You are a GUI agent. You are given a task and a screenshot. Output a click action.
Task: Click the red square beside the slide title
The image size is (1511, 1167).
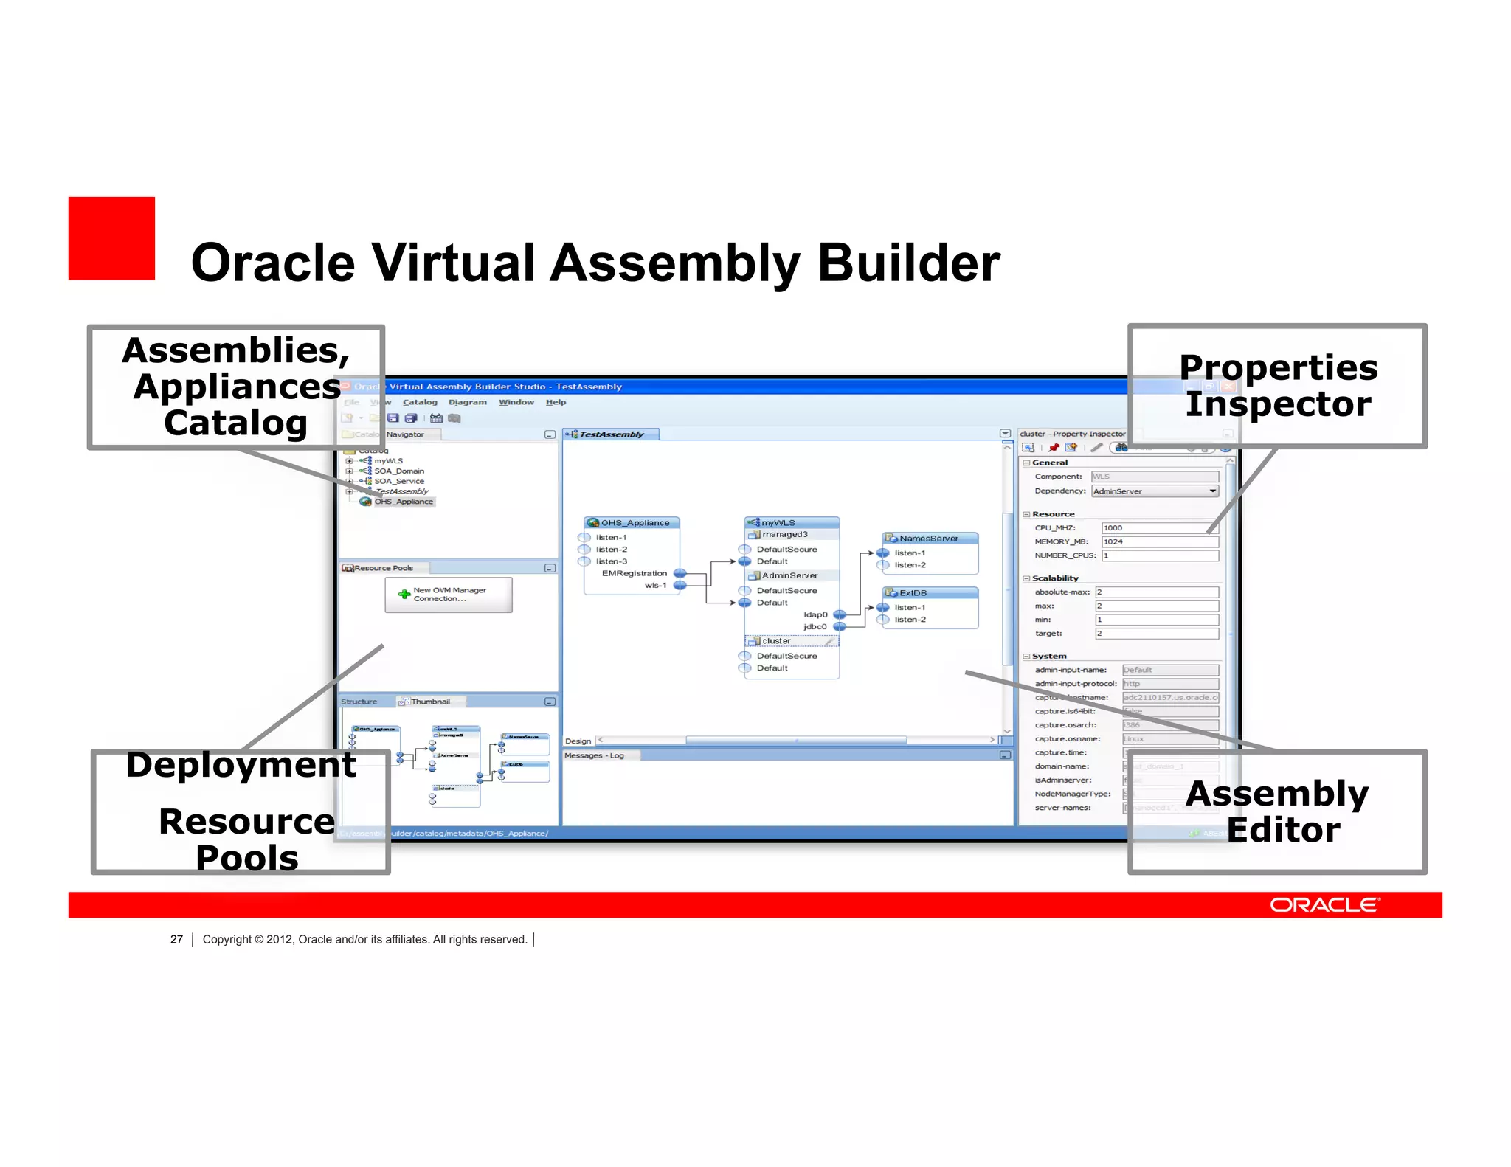tap(111, 238)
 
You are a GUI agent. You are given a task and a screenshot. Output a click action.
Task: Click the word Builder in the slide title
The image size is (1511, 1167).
tap(908, 263)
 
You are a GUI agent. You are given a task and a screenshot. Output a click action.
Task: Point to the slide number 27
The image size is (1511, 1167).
tap(176, 939)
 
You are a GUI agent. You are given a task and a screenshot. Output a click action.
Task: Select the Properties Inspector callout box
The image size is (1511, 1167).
tap(1277, 386)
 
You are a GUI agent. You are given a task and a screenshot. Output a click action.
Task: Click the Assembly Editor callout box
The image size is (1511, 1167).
tap(1277, 811)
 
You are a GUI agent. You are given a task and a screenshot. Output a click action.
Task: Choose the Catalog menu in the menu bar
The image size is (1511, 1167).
tap(420, 402)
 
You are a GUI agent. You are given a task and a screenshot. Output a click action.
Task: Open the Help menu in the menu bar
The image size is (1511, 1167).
tap(556, 402)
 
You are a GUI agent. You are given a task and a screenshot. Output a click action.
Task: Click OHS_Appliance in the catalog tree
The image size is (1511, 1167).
tap(403, 502)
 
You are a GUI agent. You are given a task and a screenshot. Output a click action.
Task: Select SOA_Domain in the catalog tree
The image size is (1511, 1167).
tap(398, 471)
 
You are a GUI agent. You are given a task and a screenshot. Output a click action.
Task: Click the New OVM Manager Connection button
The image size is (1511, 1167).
tap(448, 595)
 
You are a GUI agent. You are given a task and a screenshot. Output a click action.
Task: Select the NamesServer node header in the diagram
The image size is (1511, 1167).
tap(929, 539)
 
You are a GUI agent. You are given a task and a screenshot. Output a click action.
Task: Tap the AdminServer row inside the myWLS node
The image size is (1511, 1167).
tap(789, 575)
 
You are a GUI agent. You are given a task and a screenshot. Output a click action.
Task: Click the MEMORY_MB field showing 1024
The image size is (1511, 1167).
tap(1158, 541)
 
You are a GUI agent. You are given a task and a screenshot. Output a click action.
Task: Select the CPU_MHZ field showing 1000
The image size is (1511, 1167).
tap(1158, 528)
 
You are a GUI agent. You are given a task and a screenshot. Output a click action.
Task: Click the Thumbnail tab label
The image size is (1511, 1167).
tap(430, 702)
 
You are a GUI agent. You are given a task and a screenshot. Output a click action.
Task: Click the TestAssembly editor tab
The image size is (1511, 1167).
tap(611, 434)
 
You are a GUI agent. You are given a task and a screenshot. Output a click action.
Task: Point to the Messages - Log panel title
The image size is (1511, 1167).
tap(594, 755)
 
